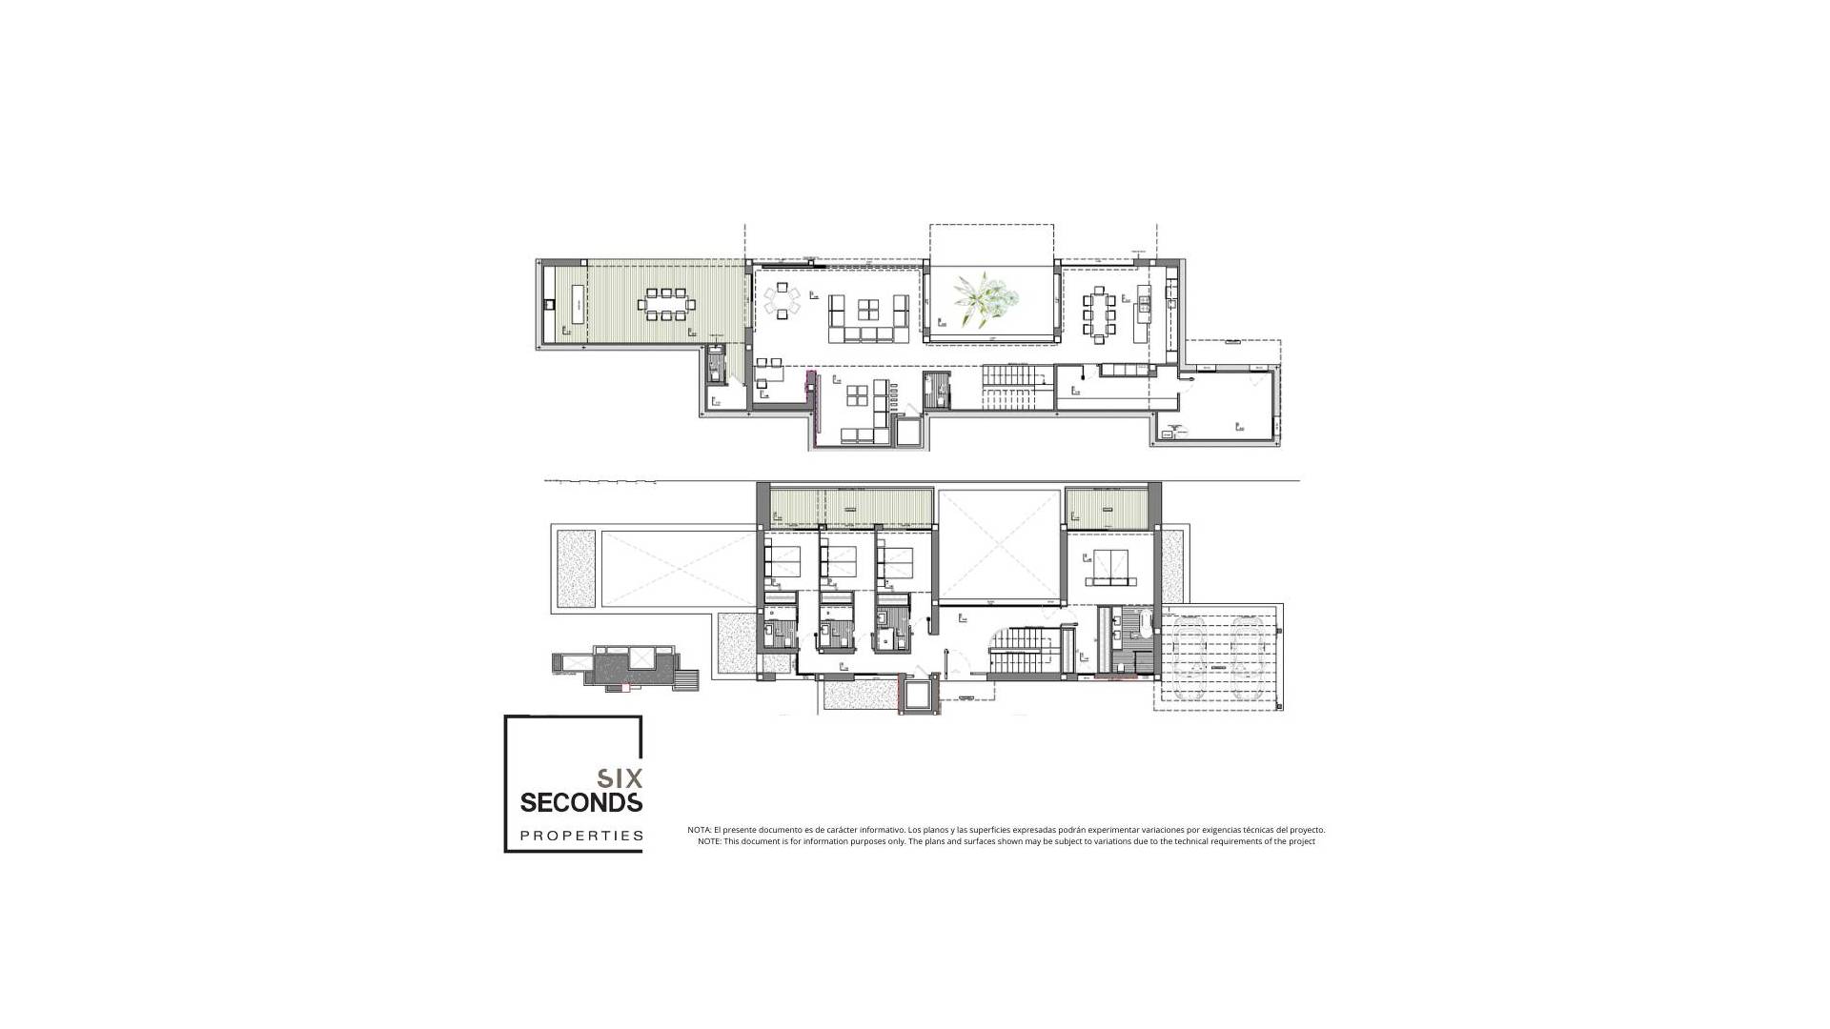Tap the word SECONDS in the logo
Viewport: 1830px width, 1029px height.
tap(580, 803)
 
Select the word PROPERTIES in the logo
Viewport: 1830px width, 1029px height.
tap(580, 837)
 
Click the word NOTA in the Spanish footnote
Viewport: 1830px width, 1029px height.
tap(699, 830)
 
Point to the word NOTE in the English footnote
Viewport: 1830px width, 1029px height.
tap(708, 841)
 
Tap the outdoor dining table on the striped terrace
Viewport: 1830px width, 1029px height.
tap(666, 305)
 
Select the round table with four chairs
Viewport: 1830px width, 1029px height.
tap(783, 300)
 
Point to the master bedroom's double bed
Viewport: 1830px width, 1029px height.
tap(1110, 567)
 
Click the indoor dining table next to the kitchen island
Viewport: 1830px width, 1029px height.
tap(1097, 313)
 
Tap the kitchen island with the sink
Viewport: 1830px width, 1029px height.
tap(1143, 313)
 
